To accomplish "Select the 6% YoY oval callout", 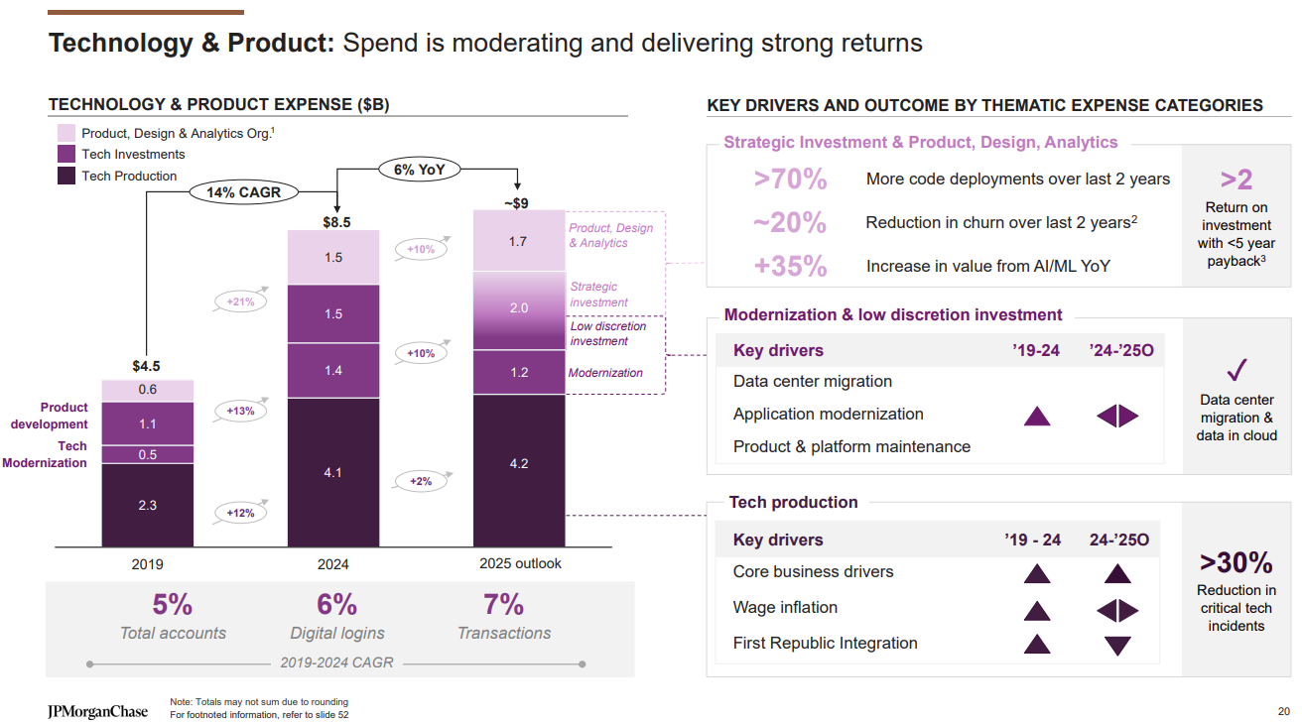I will coord(419,170).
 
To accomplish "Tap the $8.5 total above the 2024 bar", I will coord(336,221).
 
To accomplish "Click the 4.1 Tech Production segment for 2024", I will coord(333,472).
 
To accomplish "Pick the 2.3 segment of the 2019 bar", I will coord(148,505).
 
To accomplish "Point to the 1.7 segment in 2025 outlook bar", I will coord(518,240).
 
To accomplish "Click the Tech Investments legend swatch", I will coord(66,155).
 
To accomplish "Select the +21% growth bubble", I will coord(240,301).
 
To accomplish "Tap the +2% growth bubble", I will coord(421,481).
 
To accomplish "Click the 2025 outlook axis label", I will coord(520,563).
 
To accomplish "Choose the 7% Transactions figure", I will coord(503,605).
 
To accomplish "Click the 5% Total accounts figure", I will coord(173,605).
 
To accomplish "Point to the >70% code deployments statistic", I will coord(790,180).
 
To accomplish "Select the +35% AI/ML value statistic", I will coord(790,266).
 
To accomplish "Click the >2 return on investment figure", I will coord(1237,180).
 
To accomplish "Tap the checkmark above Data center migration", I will coord(1237,371).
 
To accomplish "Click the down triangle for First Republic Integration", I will coord(1118,646).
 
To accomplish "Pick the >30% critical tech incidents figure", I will coord(1237,562).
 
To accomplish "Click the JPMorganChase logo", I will coord(97,711).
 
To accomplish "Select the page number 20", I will coord(1283,711).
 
